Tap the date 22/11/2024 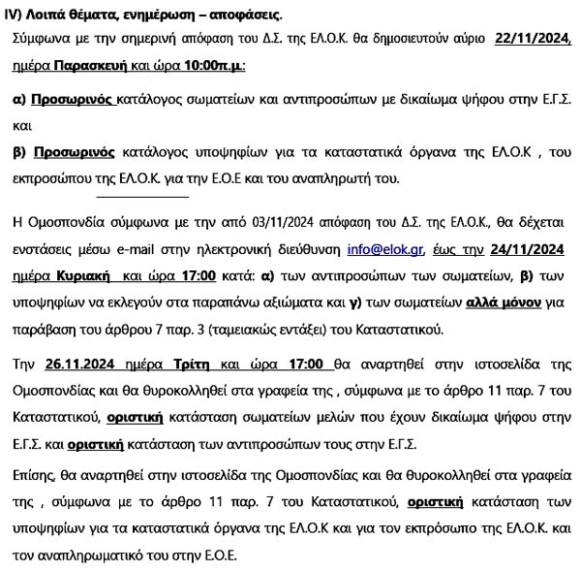click(x=533, y=39)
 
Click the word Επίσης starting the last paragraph click(x=38, y=453)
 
